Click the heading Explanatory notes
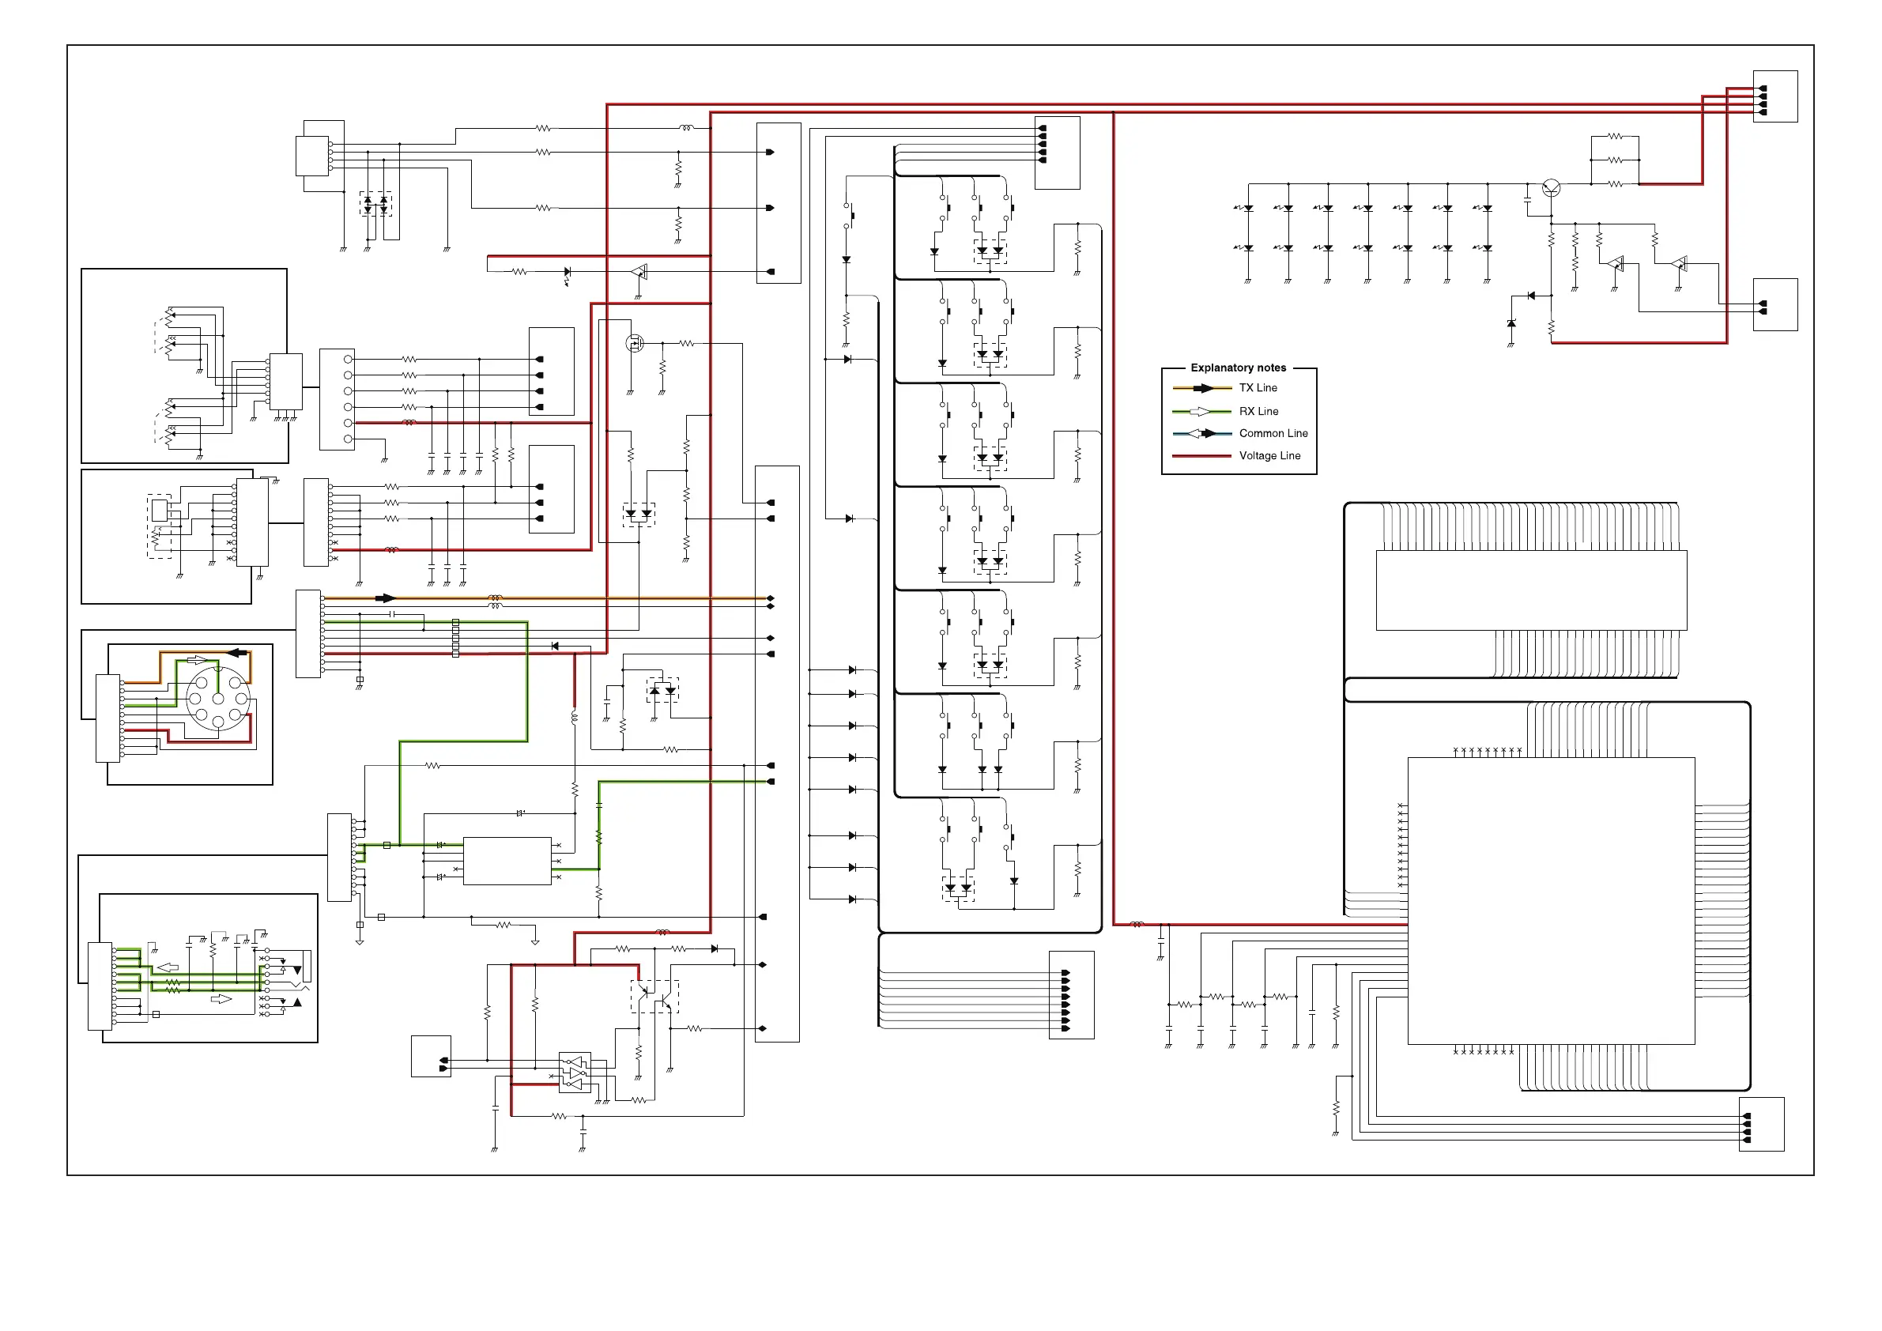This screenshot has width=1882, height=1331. pyautogui.click(x=1238, y=368)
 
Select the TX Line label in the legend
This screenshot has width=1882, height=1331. pyautogui.click(x=1258, y=387)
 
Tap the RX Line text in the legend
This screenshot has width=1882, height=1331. pyautogui.click(x=1258, y=412)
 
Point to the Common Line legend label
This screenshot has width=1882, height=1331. pyautogui.click(x=1273, y=434)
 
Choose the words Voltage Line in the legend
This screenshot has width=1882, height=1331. pyautogui.click(x=1269, y=456)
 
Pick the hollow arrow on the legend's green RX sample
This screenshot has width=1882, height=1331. pyautogui.click(x=1199, y=412)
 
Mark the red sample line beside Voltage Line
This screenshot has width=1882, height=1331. pyautogui.click(x=1201, y=456)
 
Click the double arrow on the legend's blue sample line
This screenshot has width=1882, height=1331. pyautogui.click(x=1201, y=434)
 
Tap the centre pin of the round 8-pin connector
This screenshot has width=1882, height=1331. pyautogui.click(x=218, y=698)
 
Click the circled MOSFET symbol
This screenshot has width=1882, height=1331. pyautogui.click(x=635, y=343)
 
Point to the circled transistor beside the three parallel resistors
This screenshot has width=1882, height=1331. pyautogui.click(x=1551, y=187)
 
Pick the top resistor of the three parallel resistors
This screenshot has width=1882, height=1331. pyautogui.click(x=1615, y=136)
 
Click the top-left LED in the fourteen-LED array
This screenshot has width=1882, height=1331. pyautogui.click(x=1246, y=208)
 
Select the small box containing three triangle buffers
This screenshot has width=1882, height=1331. pyautogui.click(x=575, y=1072)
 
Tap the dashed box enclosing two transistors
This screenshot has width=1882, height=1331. pyautogui.click(x=654, y=997)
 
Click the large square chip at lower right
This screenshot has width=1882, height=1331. pyautogui.click(x=1551, y=901)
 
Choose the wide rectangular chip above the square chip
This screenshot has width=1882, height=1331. pyautogui.click(x=1531, y=590)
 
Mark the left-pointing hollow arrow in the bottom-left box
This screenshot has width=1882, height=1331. pyautogui.click(x=168, y=968)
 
